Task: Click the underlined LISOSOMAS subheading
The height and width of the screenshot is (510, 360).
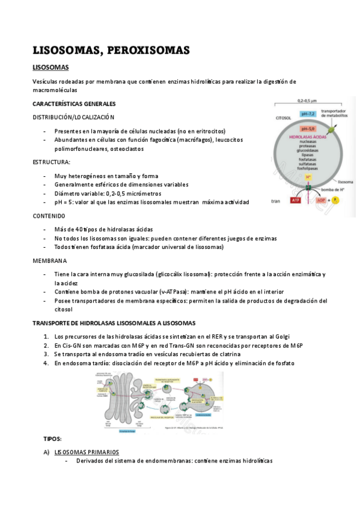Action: (50, 67)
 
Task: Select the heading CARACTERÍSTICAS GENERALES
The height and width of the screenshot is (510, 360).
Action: (74, 104)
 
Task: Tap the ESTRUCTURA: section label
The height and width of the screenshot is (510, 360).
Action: (51, 162)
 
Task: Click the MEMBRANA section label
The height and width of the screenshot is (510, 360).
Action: (49, 260)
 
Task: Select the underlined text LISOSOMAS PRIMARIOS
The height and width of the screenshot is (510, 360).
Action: (86, 452)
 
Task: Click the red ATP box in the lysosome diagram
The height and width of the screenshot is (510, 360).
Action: (295, 200)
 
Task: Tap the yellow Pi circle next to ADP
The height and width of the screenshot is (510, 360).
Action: (336, 200)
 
